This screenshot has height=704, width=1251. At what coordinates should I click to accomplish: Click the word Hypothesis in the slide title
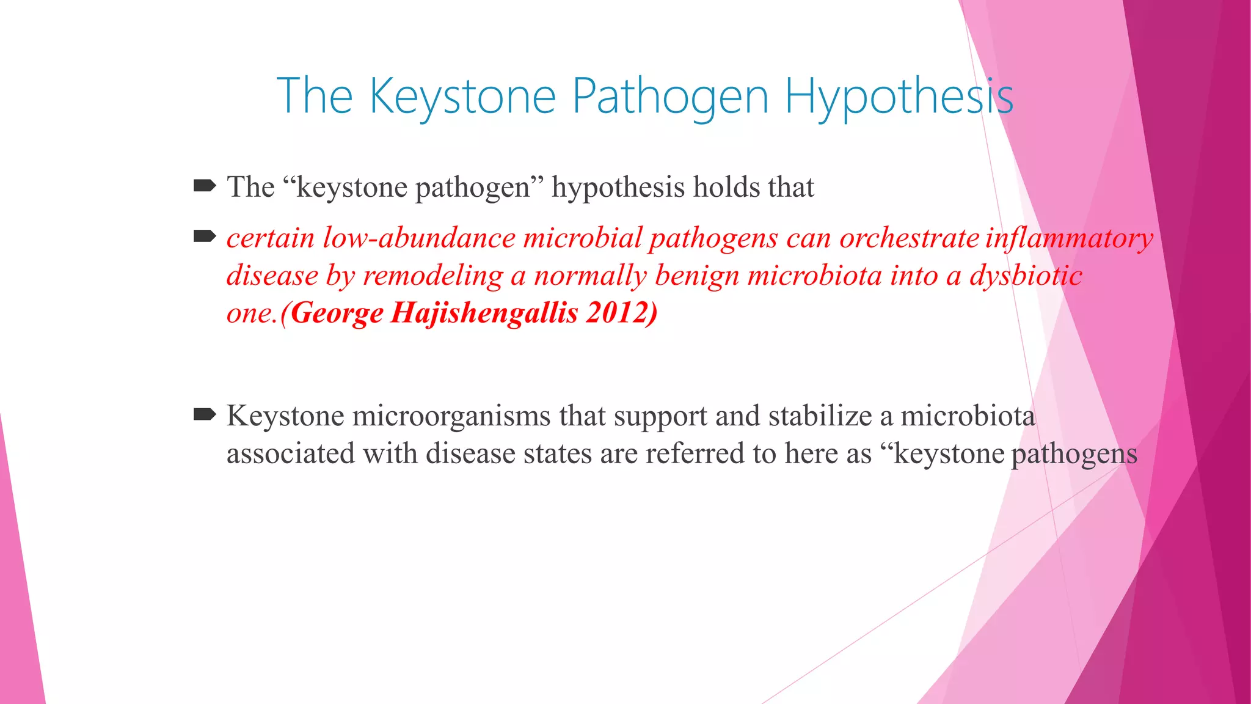[x=899, y=97]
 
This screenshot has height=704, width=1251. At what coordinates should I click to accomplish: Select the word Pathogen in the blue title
[x=669, y=97]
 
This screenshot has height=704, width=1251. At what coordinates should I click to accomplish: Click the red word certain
[x=270, y=238]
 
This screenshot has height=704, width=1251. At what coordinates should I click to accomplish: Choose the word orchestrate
[x=910, y=238]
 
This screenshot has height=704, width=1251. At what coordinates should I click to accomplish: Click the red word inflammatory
[x=1070, y=238]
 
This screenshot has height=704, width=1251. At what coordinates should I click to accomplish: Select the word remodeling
[x=433, y=276]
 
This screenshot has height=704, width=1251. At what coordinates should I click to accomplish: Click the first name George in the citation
[x=337, y=313]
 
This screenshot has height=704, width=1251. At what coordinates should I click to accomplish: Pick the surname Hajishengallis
[x=484, y=313]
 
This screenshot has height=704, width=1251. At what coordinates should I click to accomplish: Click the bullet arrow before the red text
[x=205, y=236]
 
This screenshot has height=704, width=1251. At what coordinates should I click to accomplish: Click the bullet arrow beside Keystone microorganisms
[x=205, y=415]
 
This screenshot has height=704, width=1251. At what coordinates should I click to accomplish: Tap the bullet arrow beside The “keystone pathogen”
[x=205, y=185]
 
